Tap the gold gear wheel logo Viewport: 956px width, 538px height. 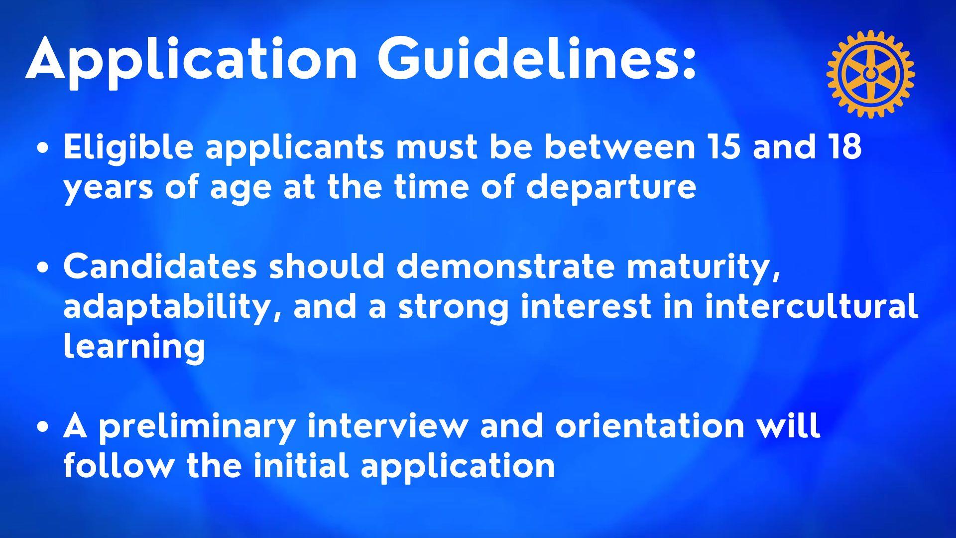click(870, 74)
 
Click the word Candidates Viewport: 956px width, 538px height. click(160, 267)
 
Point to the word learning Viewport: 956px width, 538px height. click(134, 347)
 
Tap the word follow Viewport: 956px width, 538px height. click(119, 465)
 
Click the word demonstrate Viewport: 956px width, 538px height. click(505, 267)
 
